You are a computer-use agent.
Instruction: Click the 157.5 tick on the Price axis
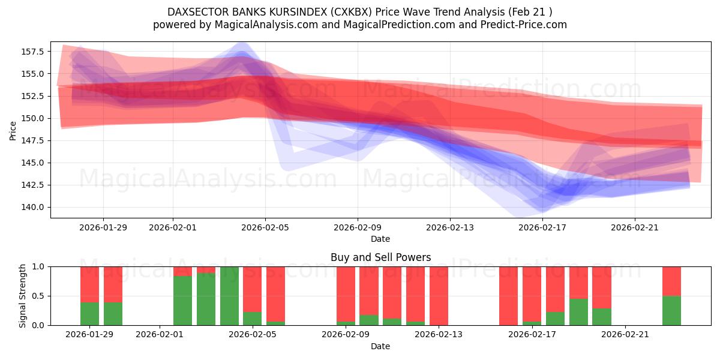click(34, 52)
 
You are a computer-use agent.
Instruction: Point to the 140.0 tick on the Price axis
click(34, 207)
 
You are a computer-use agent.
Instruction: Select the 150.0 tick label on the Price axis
click(34, 118)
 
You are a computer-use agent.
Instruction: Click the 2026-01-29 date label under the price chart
click(103, 227)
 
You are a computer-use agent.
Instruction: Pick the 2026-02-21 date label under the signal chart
click(625, 335)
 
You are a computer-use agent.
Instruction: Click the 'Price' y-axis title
click(13, 130)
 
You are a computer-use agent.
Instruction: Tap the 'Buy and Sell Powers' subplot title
click(380, 257)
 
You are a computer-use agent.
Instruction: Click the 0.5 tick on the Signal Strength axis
click(38, 296)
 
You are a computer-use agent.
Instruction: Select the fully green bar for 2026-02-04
click(229, 296)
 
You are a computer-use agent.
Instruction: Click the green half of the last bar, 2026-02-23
click(671, 311)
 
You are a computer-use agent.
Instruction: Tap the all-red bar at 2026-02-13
click(439, 296)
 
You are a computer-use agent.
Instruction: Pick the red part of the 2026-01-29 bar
click(89, 284)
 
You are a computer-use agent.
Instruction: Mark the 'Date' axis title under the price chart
click(380, 239)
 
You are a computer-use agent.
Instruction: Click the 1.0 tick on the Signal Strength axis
click(38, 266)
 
